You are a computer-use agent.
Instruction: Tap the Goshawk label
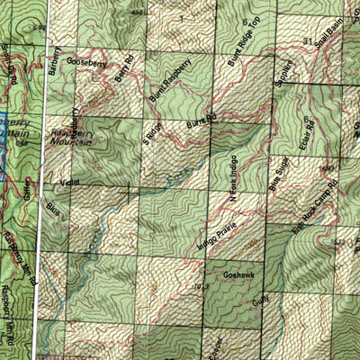(x=233, y=268)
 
